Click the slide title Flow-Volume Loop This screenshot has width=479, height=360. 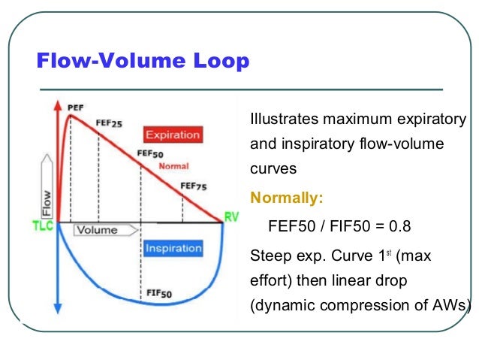point(143,61)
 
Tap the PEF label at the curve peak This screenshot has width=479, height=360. point(76,108)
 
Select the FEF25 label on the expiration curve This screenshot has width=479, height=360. point(109,123)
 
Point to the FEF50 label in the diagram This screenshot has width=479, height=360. point(150,154)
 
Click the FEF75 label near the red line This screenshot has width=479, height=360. point(194,186)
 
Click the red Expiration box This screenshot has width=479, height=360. point(173,135)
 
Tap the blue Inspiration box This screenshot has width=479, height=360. point(173,248)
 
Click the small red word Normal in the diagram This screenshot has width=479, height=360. point(173,165)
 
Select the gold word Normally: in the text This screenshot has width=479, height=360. point(286,198)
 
